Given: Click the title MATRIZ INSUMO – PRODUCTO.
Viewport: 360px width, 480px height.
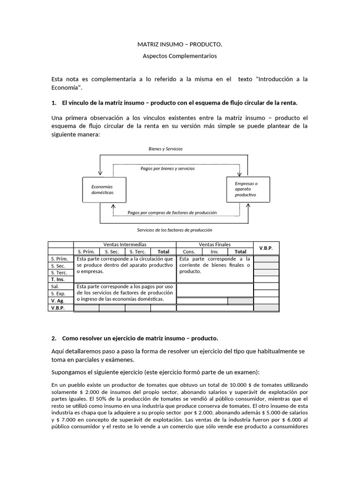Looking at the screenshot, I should [x=180, y=45].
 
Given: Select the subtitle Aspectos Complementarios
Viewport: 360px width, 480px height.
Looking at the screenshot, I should [x=180, y=56].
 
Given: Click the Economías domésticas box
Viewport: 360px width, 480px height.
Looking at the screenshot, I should [x=104, y=189].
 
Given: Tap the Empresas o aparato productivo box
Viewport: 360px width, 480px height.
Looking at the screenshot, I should [x=247, y=189].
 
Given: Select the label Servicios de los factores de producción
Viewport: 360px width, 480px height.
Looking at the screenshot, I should [x=174, y=230].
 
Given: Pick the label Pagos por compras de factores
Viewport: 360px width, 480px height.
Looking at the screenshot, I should [x=172, y=212].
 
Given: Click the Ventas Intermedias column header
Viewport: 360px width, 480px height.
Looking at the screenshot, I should [x=124, y=244].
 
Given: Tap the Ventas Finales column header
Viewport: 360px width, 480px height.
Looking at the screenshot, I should [x=214, y=244].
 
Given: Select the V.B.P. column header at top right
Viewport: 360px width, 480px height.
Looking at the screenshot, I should [x=266, y=247].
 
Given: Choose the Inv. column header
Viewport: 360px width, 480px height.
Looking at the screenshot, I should [x=214, y=251].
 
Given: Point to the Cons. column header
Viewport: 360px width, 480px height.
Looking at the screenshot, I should [x=189, y=251].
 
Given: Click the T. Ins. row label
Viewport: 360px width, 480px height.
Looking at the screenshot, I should [x=58, y=279].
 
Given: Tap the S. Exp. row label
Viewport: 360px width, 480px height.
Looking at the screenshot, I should [x=58, y=293].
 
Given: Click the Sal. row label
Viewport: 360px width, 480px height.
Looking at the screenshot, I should [x=55, y=286].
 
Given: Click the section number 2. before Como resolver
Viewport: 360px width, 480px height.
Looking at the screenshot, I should [x=54, y=338].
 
